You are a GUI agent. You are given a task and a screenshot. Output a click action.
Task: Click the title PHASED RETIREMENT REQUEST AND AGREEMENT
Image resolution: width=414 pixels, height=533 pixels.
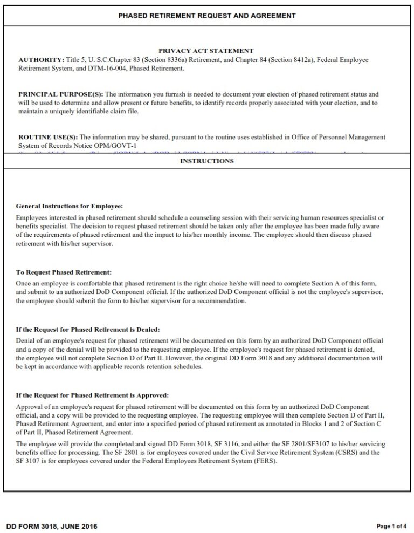coord(207,16)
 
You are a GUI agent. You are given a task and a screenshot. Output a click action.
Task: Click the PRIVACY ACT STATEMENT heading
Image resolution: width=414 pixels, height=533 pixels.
coord(206,51)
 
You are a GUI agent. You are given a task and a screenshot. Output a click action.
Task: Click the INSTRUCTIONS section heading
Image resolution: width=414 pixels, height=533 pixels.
coord(207,161)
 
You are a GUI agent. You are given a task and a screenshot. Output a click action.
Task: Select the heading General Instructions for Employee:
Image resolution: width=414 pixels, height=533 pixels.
coord(70,206)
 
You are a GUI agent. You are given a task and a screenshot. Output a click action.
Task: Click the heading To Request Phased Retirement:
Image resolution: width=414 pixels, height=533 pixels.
coord(64,272)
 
